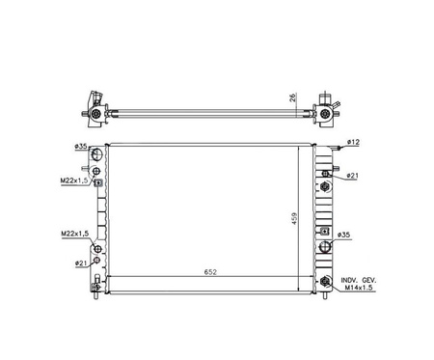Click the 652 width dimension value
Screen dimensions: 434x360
(x=210, y=272)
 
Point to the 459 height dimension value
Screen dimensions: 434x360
(x=295, y=218)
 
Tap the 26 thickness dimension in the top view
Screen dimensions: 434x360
(x=293, y=97)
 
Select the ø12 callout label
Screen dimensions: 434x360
(x=353, y=142)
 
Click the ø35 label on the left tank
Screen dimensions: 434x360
(x=81, y=147)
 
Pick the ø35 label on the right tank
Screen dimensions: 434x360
(x=343, y=235)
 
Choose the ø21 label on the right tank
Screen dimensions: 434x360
(x=353, y=176)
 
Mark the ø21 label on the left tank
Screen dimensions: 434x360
(x=81, y=263)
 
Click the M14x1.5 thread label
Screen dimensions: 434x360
(x=359, y=288)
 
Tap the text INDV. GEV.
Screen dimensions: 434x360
(x=359, y=280)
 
